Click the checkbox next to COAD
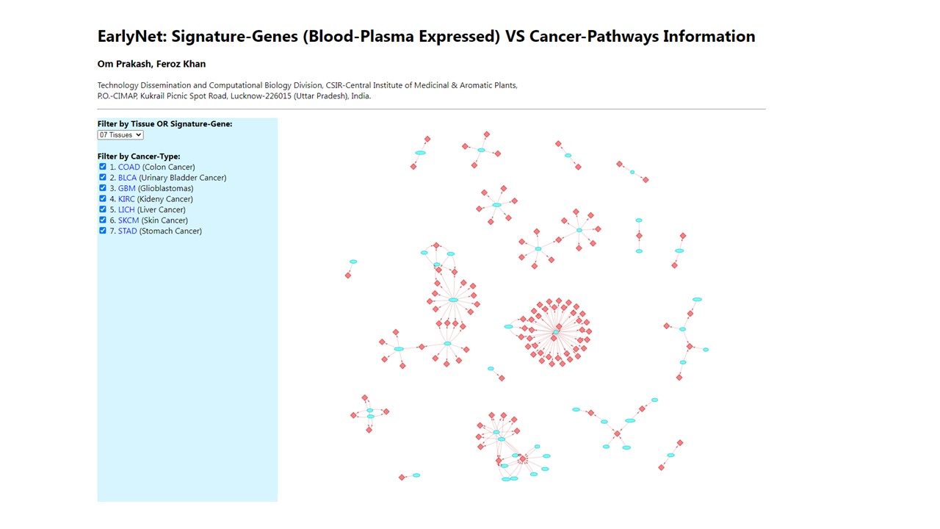(103, 167)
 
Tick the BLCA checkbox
(103, 177)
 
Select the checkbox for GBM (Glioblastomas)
(103, 188)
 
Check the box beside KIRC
(103, 198)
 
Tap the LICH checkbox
(103, 209)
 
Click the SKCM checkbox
(103, 220)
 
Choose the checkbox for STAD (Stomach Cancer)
(103, 231)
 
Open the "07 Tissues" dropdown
(120, 135)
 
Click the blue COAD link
(129, 168)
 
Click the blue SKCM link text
(129, 220)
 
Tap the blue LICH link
(126, 210)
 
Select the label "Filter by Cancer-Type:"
(139, 156)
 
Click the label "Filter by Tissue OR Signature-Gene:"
(164, 124)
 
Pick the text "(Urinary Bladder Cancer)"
(183, 178)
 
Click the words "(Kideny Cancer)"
(165, 199)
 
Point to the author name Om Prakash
(123, 65)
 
